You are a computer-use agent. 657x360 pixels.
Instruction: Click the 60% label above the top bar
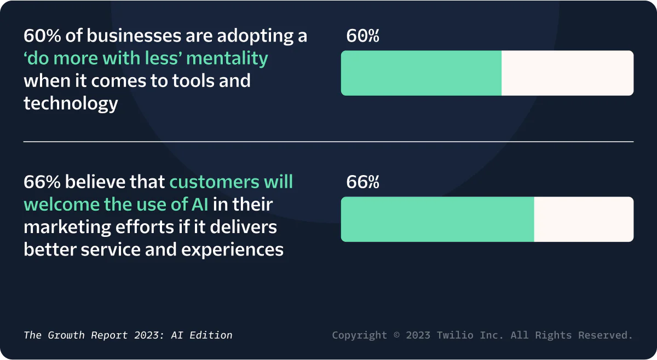coord(362,36)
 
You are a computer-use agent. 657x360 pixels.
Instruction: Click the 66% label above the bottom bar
coord(362,182)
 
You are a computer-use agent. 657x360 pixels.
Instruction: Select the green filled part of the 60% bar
coord(421,73)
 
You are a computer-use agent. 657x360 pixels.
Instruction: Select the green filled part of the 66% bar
coord(437,219)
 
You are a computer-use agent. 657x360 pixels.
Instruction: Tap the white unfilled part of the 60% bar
coord(567,73)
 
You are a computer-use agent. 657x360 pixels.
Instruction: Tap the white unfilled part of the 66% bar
coord(584,219)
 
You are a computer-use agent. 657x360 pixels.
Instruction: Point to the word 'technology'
coord(71,103)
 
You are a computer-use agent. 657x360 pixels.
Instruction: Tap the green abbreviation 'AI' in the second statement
coord(199,205)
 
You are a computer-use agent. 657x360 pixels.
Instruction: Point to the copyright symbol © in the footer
coord(396,335)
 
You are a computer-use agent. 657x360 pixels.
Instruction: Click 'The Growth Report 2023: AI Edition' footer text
coord(128,335)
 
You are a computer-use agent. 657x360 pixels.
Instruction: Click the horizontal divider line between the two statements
coord(328,142)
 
